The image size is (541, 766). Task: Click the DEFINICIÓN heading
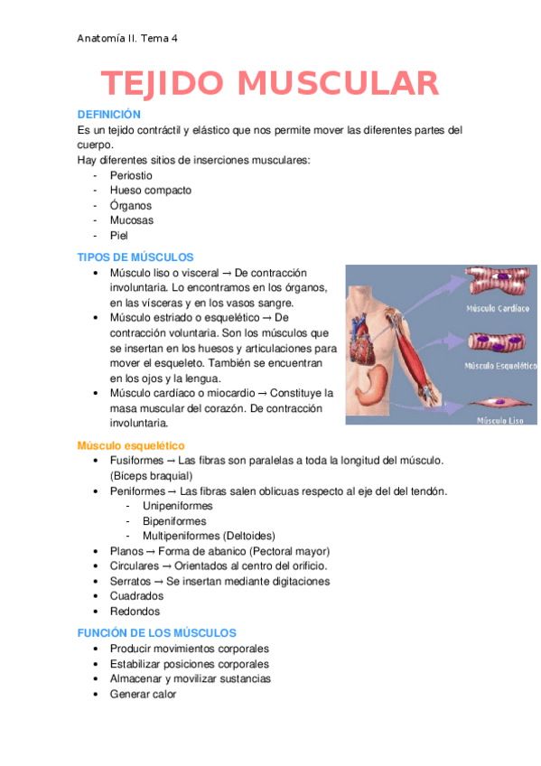[109, 115]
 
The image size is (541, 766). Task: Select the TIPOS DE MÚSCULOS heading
[135, 257]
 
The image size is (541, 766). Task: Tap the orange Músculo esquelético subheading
[131, 446]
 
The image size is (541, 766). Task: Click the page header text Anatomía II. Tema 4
[127, 39]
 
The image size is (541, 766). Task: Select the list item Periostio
[131, 175]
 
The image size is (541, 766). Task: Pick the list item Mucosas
[131, 220]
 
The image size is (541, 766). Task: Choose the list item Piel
[119, 235]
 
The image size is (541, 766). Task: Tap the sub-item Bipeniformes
[173, 521]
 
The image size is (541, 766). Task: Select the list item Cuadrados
[136, 596]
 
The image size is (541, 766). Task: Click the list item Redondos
[135, 612]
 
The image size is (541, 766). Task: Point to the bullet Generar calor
[143, 694]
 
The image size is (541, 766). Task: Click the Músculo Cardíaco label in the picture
[497, 308]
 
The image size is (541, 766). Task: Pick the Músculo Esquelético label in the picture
[497, 366]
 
